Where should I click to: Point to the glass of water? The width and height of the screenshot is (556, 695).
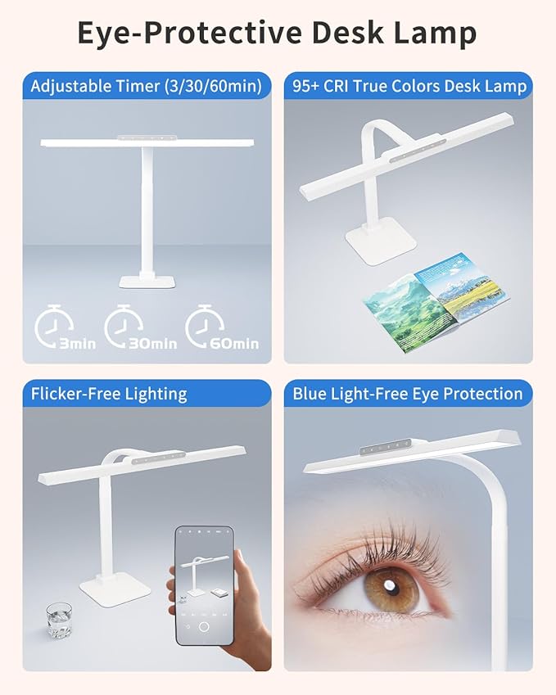[59, 620]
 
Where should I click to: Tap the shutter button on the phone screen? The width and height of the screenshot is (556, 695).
[204, 627]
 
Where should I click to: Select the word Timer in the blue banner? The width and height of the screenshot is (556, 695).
[138, 86]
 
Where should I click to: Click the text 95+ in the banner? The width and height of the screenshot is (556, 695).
[305, 86]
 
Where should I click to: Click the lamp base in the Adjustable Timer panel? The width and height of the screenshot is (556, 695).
[147, 281]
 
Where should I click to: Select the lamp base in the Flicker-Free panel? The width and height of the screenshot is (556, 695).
[115, 591]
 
